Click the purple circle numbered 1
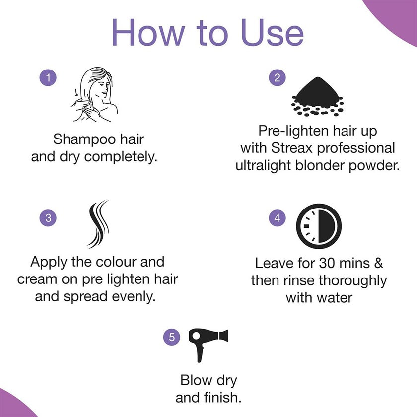click(x=48, y=77)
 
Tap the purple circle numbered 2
click(x=277, y=77)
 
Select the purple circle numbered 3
click(x=48, y=217)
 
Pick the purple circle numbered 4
click(x=277, y=217)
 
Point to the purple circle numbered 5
click(x=172, y=338)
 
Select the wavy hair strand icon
click(x=97, y=223)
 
